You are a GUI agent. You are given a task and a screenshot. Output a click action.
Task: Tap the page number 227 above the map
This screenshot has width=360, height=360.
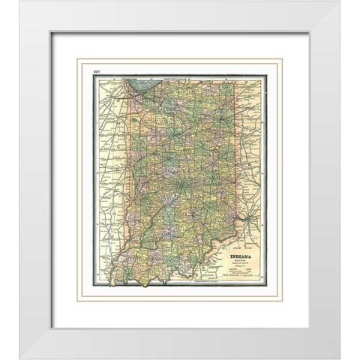[x=95, y=71]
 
